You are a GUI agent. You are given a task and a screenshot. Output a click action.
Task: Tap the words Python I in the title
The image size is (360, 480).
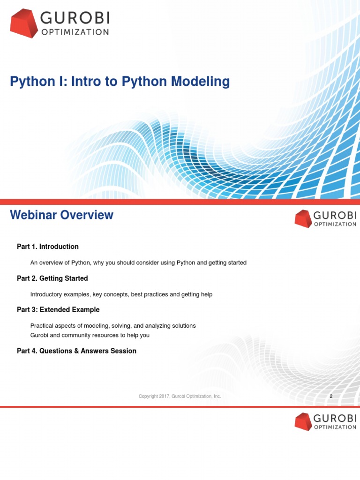29,82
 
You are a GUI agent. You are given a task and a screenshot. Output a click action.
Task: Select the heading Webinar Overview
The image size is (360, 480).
61,215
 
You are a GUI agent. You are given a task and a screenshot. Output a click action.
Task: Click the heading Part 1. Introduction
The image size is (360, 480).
48,247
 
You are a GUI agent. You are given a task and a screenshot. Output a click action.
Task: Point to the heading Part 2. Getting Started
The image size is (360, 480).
52,278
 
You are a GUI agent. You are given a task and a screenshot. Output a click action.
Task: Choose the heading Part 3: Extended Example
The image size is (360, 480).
58,310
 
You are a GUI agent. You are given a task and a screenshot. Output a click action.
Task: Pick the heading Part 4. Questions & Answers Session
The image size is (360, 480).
76,351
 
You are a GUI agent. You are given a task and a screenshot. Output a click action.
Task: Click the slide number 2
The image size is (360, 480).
331,397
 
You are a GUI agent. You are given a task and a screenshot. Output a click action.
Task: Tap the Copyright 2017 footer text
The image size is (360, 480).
180,397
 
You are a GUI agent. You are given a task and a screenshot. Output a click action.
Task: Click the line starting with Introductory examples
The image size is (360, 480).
121,294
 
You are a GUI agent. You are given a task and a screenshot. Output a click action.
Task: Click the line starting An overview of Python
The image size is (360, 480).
138,262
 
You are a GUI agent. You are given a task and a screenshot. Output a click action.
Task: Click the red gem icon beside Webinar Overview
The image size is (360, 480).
303,219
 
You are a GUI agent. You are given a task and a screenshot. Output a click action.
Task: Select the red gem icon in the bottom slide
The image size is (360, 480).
303,421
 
